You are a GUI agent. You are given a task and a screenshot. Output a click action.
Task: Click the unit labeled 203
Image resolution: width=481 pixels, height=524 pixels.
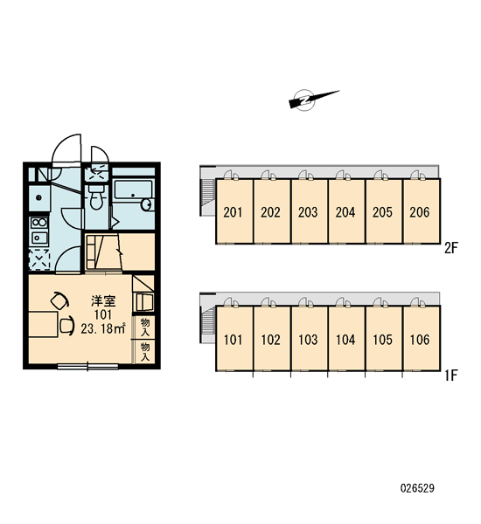click(309, 211)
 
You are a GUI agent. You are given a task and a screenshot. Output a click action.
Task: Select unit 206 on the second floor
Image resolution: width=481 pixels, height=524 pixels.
click(421, 211)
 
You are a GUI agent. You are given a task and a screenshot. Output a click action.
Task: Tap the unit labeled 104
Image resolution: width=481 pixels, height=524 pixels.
click(346, 339)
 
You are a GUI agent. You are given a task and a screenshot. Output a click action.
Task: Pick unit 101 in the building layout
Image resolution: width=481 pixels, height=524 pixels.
click(234, 339)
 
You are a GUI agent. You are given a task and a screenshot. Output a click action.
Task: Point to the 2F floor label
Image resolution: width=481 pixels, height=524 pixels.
click(450, 248)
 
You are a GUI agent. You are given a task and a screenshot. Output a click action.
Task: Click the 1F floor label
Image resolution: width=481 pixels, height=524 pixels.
click(450, 376)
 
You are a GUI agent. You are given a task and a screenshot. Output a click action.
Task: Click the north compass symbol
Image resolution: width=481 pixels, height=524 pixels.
click(310, 99)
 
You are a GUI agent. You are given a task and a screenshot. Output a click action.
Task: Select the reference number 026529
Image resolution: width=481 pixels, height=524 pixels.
click(417, 488)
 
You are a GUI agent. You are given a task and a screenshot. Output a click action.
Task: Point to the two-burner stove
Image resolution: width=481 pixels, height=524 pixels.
click(38, 222)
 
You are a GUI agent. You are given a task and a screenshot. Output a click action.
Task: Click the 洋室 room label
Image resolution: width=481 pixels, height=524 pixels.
click(103, 300)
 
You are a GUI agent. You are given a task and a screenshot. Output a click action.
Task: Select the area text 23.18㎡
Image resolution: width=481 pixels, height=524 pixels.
click(103, 328)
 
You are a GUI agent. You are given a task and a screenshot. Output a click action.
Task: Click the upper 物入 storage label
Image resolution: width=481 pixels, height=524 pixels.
click(145, 327)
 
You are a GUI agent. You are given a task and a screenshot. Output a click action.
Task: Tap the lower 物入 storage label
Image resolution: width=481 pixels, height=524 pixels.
click(145, 352)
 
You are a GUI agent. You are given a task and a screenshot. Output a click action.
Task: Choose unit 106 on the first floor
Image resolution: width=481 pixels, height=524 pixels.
click(421, 339)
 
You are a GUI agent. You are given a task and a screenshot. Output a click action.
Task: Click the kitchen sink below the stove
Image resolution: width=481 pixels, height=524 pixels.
click(38, 238)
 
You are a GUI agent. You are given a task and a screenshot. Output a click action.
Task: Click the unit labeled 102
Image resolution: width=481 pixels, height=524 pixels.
click(271, 339)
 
